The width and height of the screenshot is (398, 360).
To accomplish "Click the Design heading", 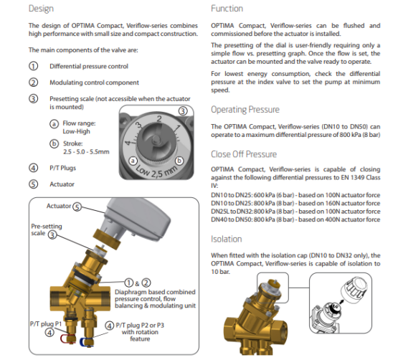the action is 41,9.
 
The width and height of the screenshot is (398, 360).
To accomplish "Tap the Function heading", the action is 227,9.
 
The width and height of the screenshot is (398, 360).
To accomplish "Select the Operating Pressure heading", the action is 245,110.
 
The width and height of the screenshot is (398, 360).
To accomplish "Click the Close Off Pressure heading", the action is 244,154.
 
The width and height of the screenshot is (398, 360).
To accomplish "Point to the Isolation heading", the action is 226,239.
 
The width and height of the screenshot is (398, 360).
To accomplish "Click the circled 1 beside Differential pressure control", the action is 33,66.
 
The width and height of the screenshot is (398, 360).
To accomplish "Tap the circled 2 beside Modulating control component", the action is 33,82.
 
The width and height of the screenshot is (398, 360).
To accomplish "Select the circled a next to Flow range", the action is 54,123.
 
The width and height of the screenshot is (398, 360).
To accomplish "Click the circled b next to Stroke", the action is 54,143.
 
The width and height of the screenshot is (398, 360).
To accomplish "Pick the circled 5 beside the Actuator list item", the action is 33,184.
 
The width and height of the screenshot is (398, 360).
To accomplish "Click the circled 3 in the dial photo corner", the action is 183,111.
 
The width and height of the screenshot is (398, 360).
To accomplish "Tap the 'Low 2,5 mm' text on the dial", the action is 156,171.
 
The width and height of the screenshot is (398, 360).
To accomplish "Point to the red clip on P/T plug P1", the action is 67,338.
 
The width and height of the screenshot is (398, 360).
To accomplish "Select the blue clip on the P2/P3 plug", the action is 86,342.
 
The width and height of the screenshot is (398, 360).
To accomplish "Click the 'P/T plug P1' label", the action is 46,323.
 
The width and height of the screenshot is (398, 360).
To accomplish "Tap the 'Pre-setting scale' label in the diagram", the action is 47,229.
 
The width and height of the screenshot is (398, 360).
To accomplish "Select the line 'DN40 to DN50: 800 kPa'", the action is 295,219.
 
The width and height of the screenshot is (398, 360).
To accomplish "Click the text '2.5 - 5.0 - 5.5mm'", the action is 86,152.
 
